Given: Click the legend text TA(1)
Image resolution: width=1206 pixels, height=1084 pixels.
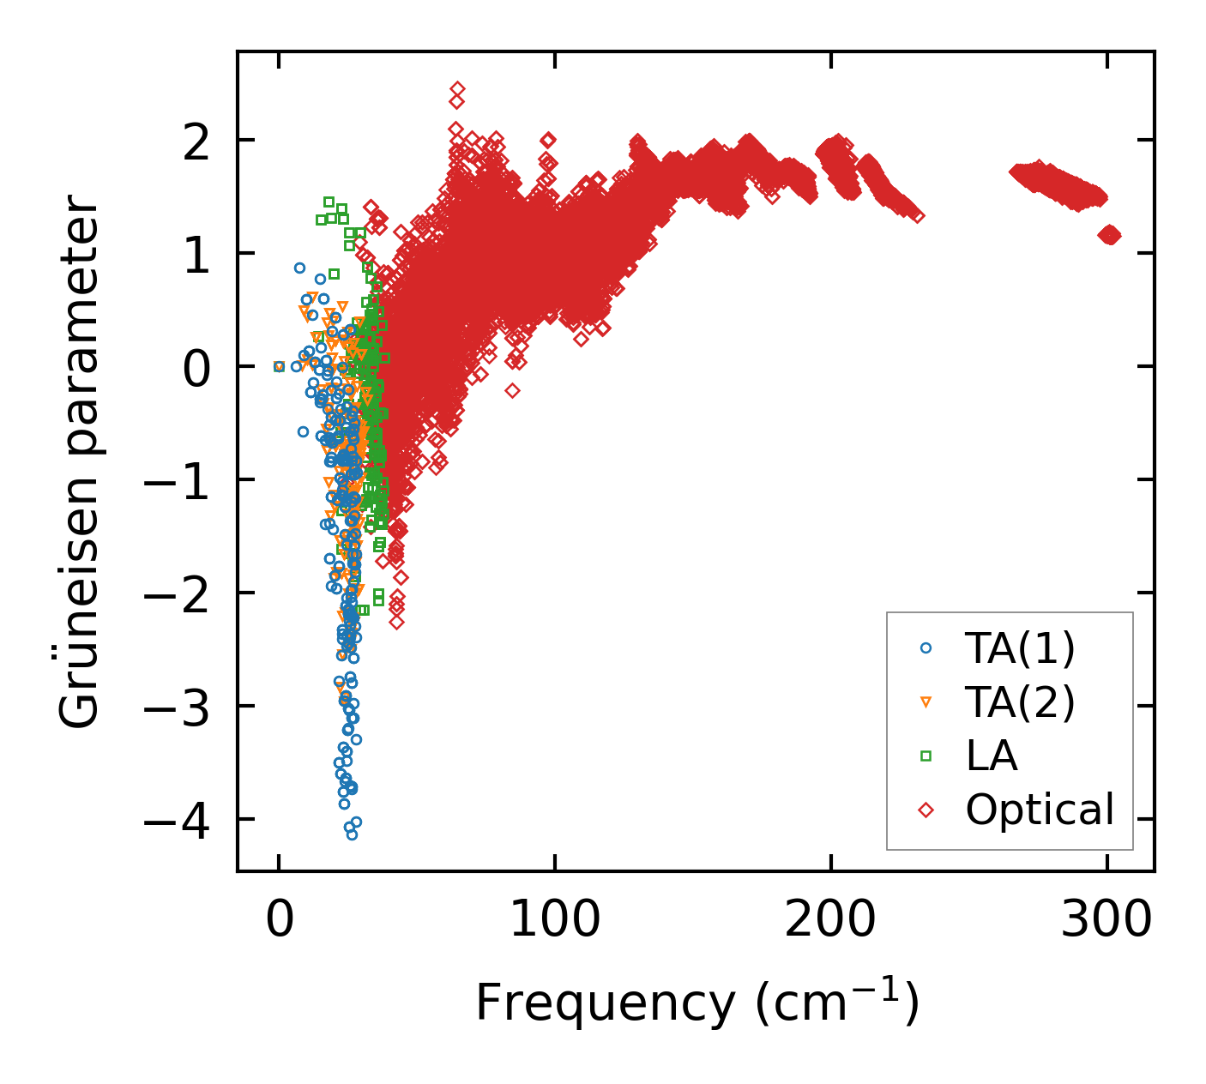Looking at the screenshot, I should (1020, 648).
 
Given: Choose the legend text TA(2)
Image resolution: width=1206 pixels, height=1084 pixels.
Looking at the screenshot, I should (1020, 702).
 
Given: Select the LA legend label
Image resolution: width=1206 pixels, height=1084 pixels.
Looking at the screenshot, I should (992, 756).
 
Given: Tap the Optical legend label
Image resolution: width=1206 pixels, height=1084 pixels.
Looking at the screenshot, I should (1040, 810).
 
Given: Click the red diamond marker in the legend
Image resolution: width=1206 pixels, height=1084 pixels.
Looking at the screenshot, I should (926, 810).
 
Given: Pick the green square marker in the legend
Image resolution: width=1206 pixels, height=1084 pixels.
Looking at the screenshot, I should (926, 756).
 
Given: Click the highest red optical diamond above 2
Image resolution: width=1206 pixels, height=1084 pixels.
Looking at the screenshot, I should (457, 89).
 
